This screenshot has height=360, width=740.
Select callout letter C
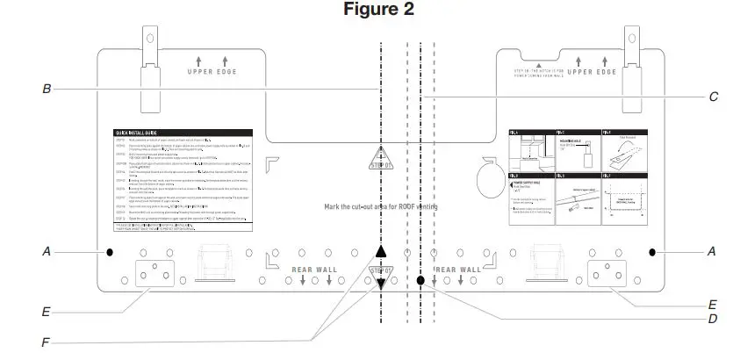[715, 98]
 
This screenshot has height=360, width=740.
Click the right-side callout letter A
[712, 251]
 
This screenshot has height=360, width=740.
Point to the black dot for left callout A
[110, 252]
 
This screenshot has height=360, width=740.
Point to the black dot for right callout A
[654, 251]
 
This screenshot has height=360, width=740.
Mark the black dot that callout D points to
[421, 281]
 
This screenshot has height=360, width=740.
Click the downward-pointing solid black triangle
[380, 284]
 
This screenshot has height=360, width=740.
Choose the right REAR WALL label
[458, 270]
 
